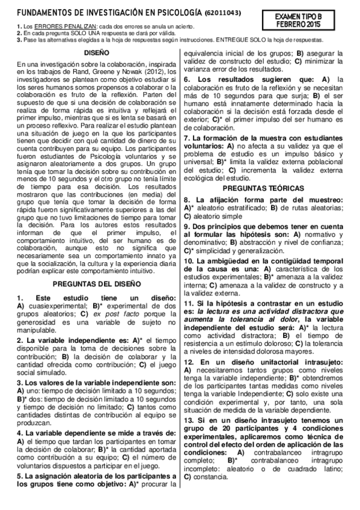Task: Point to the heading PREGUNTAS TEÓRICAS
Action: [263, 188]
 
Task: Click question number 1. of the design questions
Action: [20, 281]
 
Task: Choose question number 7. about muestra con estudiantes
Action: [186, 138]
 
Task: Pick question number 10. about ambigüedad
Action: [189, 261]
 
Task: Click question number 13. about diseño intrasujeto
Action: [189, 420]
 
